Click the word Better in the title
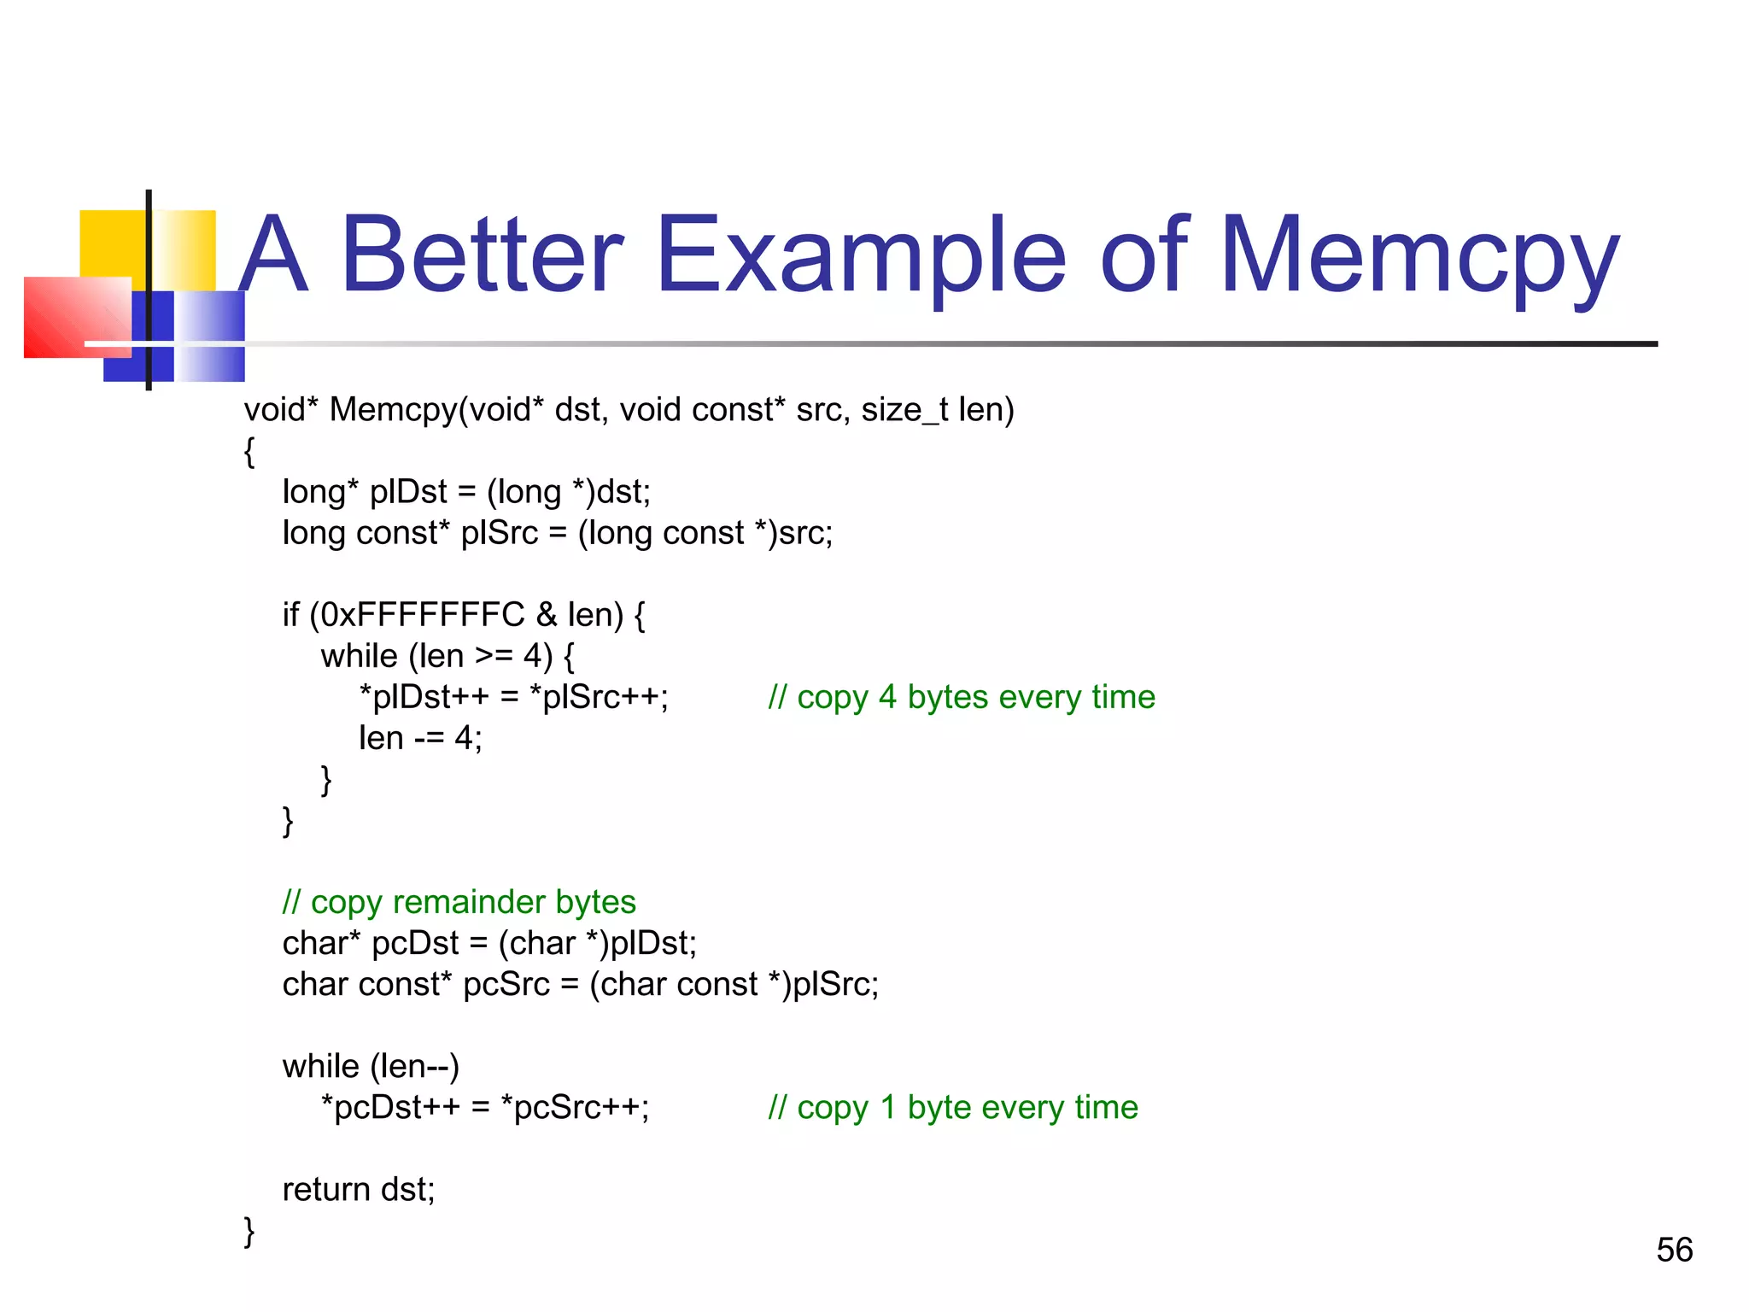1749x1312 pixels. click(483, 255)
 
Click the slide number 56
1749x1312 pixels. click(1674, 1250)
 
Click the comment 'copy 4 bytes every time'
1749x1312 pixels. click(961, 697)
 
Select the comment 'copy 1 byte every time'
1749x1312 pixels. click(952, 1107)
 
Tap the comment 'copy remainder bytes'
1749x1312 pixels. click(459, 902)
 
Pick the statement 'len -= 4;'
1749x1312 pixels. click(420, 738)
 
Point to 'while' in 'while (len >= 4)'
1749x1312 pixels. click(359, 656)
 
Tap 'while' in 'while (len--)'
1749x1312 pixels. click(321, 1066)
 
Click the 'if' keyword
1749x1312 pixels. click(291, 615)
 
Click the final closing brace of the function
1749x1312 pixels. click(249, 1231)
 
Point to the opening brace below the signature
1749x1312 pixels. click(249, 451)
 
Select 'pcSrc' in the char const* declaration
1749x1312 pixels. click(506, 984)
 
